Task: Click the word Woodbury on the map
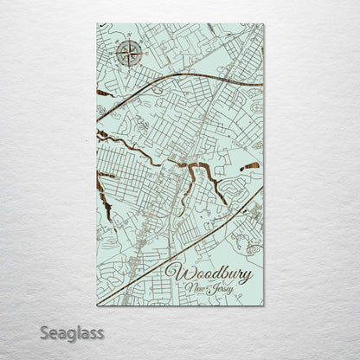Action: [x=209, y=274]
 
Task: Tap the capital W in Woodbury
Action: [x=174, y=273]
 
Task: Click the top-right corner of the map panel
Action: [x=263, y=24]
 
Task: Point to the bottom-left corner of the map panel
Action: [x=97, y=305]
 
